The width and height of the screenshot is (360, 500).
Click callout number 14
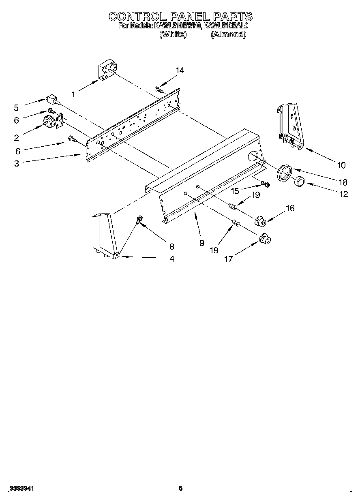(x=180, y=71)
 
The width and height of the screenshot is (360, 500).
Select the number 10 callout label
(x=341, y=165)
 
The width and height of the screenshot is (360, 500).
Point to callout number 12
(x=344, y=194)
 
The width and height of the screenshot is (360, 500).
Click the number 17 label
(x=228, y=259)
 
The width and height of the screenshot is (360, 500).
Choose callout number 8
(x=171, y=246)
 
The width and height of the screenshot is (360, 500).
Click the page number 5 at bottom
(x=181, y=489)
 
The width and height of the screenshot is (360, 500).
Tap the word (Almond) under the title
(x=228, y=34)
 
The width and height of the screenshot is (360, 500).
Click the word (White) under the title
(x=173, y=34)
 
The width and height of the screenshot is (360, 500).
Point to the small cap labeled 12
(x=300, y=182)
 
